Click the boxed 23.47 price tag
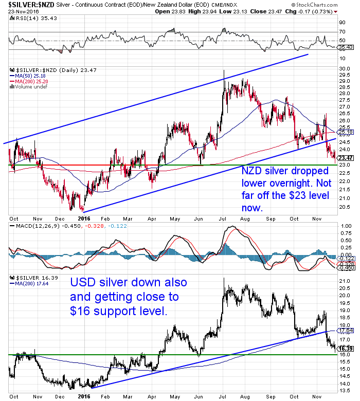[x=345, y=158]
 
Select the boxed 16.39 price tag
[x=345, y=349]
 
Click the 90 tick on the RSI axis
[x=341, y=23]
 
